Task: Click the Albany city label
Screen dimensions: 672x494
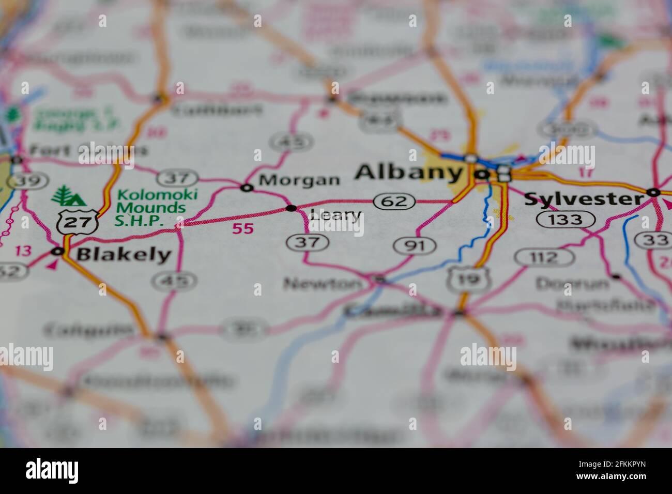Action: pyautogui.click(x=408, y=173)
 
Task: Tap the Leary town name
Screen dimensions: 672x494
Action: pyautogui.click(x=335, y=215)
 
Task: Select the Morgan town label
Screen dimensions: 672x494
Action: pyautogui.click(x=299, y=180)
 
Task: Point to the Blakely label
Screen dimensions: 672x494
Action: pyautogui.click(x=124, y=254)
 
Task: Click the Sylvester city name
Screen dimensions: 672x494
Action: pyautogui.click(x=584, y=199)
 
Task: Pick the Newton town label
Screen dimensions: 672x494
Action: pyautogui.click(x=323, y=283)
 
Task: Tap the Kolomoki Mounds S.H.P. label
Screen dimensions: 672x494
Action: pyautogui.click(x=150, y=208)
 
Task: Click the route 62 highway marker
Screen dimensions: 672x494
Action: pyautogui.click(x=394, y=201)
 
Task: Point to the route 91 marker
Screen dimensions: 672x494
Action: pyautogui.click(x=415, y=245)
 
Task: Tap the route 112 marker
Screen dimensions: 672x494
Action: pyautogui.click(x=544, y=257)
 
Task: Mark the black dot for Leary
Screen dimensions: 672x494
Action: pyautogui.click(x=292, y=208)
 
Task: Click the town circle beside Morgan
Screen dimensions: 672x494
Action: pyautogui.click(x=247, y=188)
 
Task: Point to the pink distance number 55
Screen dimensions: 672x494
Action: pyautogui.click(x=243, y=228)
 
